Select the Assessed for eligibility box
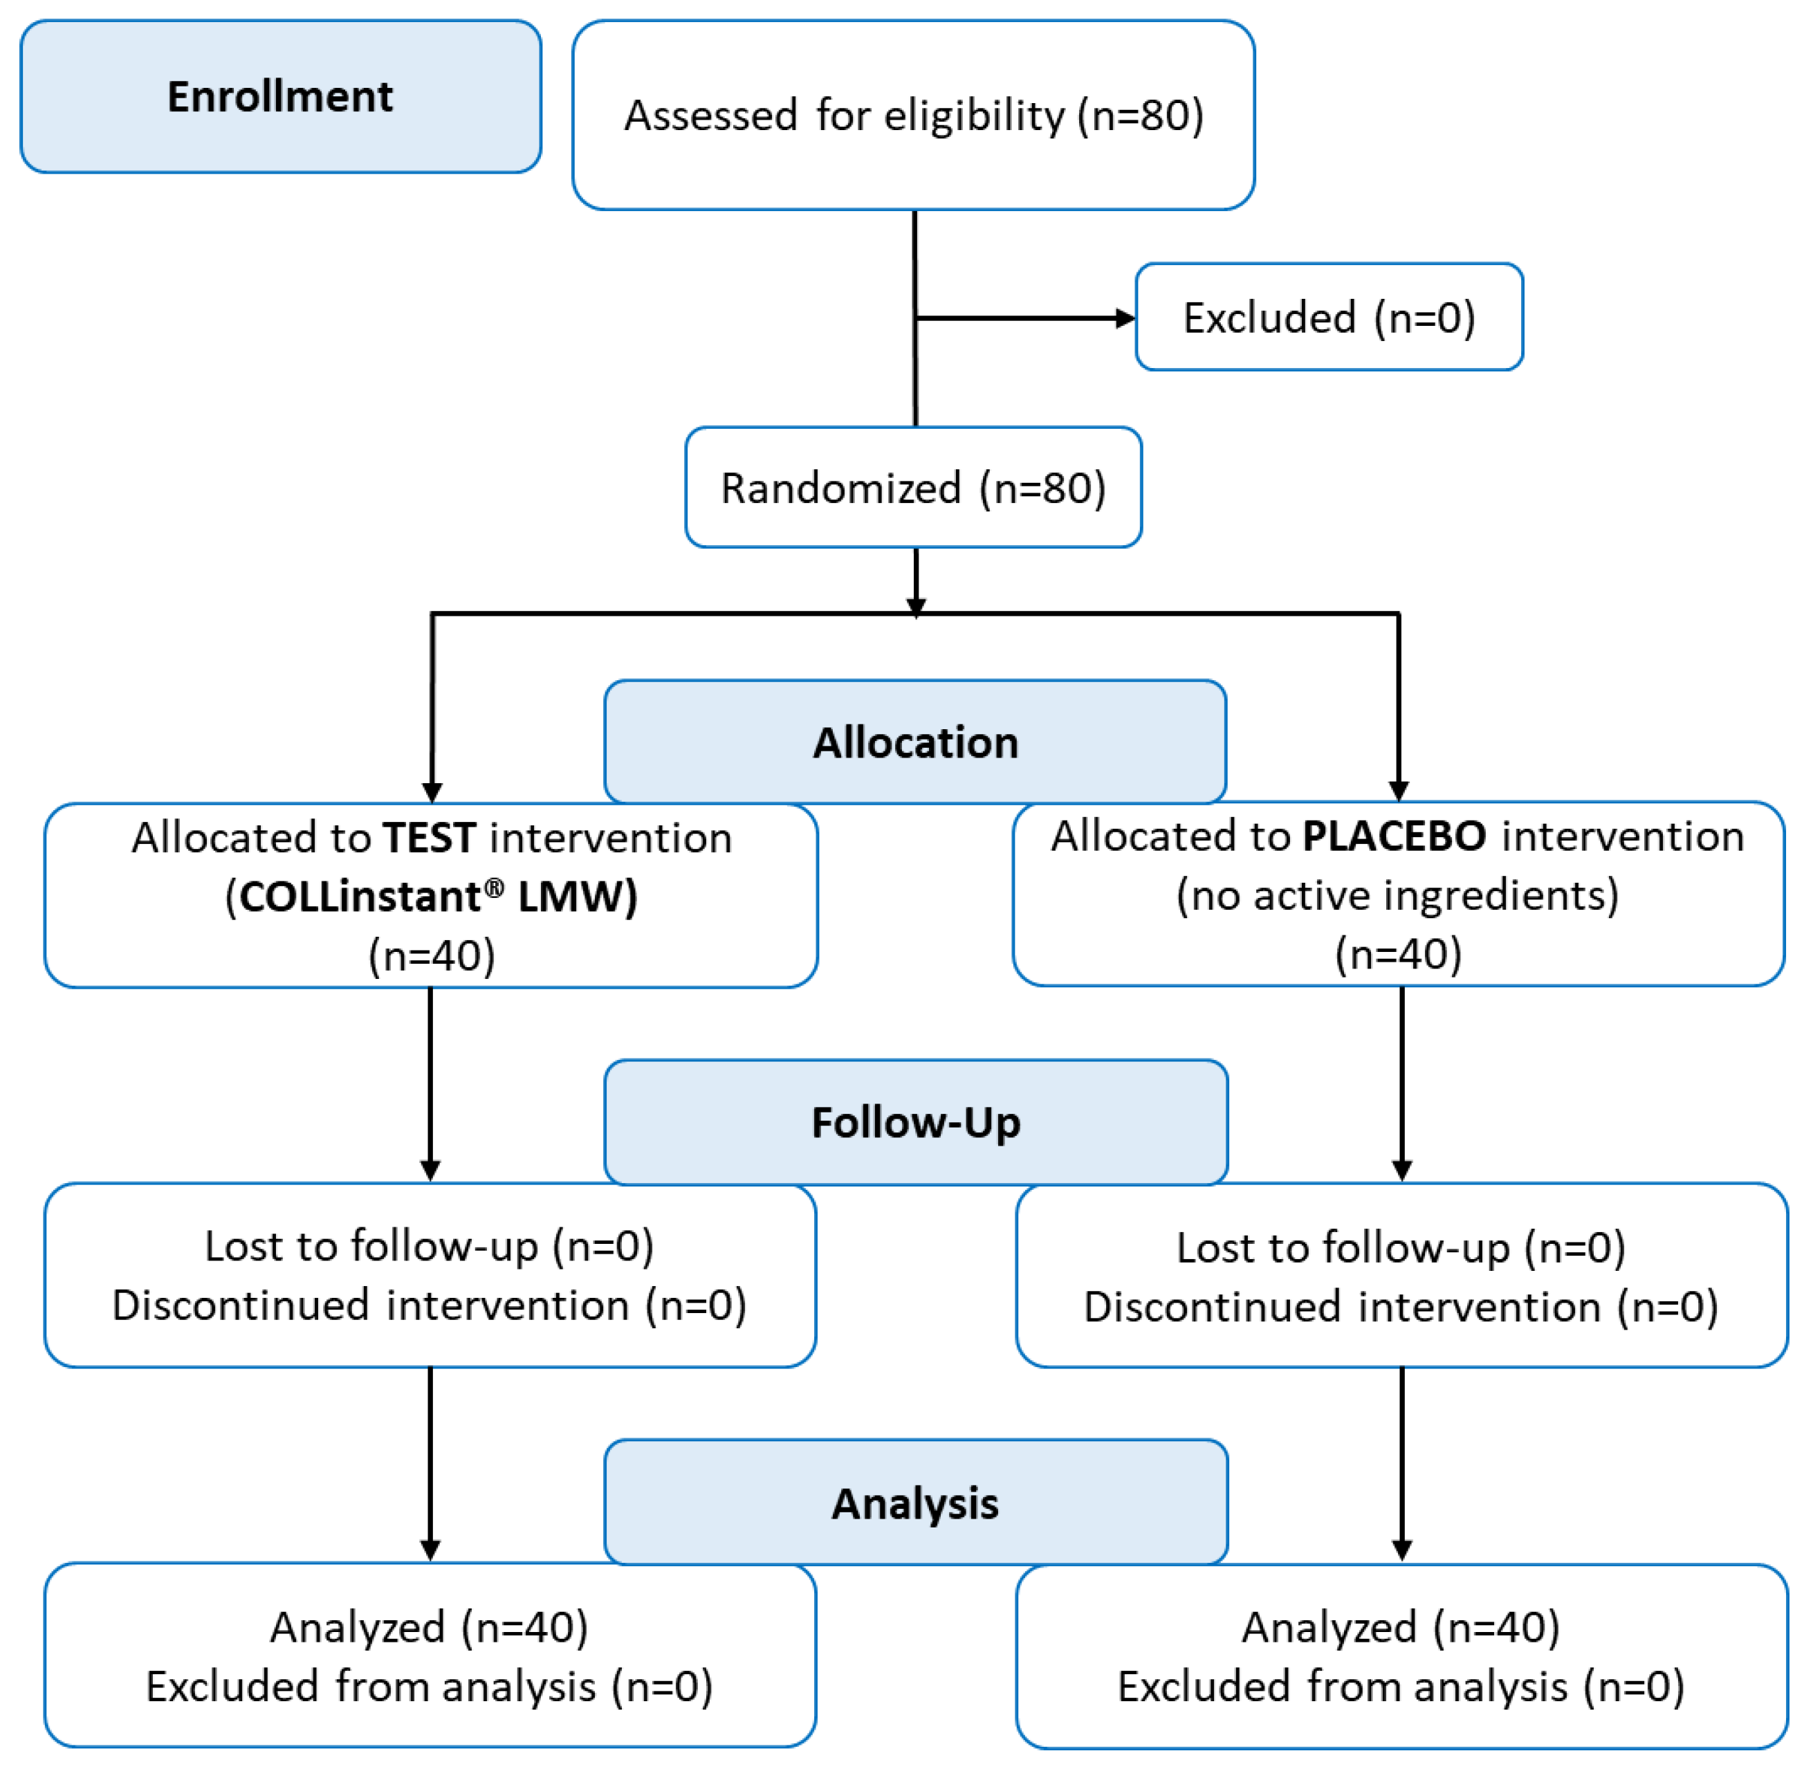[913, 116]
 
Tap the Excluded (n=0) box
[1328, 318]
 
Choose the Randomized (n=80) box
[913, 488]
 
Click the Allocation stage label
[915, 742]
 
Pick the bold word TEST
[430, 838]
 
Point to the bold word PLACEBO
[1393, 836]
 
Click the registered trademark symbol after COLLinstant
[494, 888]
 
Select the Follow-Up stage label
[916, 1122]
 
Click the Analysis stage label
[915, 1503]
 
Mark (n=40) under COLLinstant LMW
[432, 955]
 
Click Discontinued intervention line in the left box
[429, 1305]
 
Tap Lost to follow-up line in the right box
[1401, 1248]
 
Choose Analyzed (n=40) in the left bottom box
[429, 1627]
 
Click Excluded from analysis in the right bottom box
[1401, 1686]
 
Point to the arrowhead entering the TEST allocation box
[432, 791]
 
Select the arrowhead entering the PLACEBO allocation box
[1399, 791]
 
